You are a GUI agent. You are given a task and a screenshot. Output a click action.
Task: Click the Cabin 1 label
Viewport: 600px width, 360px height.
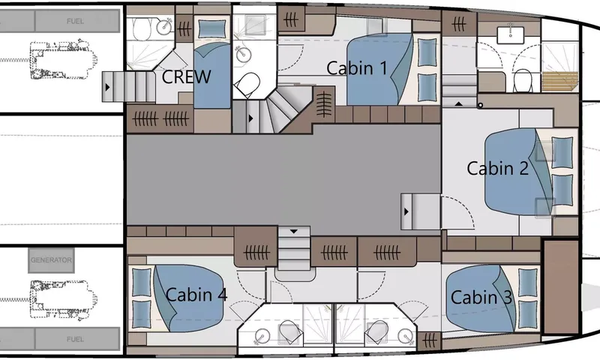[357, 68]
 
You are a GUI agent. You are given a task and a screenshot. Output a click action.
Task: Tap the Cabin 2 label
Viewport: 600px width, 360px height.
[498, 168]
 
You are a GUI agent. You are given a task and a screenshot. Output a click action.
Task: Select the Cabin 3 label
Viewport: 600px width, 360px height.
[481, 297]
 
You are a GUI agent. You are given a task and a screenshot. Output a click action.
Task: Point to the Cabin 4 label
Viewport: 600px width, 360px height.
[196, 295]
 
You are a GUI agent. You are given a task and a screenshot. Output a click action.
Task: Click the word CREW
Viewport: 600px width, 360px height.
[186, 77]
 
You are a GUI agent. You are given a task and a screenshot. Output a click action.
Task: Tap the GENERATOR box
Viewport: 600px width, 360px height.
[51, 260]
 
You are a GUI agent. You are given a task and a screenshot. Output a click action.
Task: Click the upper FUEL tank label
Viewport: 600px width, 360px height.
[75, 21]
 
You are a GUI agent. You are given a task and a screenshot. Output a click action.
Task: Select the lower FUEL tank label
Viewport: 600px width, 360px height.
[75, 339]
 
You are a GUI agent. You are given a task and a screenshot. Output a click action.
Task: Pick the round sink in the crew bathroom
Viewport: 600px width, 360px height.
[165, 26]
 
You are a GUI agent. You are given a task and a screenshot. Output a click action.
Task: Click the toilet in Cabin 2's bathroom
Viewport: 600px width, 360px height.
[522, 80]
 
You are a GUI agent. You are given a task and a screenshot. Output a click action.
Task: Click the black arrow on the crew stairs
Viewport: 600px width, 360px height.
[107, 87]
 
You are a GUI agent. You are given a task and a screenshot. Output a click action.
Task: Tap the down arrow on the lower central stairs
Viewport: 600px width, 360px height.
[293, 232]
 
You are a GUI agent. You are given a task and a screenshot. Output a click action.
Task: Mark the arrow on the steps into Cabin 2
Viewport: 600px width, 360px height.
[406, 211]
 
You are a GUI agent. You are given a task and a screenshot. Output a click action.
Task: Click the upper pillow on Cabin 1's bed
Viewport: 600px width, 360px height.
[427, 52]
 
